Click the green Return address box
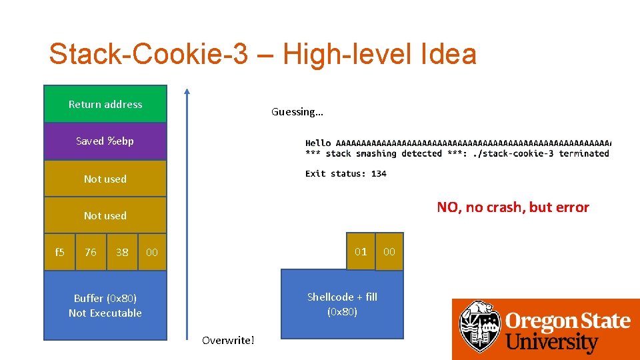point(105,104)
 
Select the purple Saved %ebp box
point(105,141)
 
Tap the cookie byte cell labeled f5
point(59,252)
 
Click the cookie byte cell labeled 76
point(91,252)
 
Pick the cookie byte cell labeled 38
point(122,252)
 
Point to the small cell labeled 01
point(361,251)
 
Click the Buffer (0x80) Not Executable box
point(105,305)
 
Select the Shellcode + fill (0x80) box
point(342,304)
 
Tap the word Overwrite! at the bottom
point(228,341)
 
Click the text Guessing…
point(297,112)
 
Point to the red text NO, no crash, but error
point(513,207)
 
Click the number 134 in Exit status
point(379,173)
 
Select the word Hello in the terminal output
point(318,143)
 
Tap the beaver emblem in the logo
point(479,327)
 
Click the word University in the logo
point(551,343)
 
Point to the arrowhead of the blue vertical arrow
point(187,91)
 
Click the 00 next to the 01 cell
point(389,251)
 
